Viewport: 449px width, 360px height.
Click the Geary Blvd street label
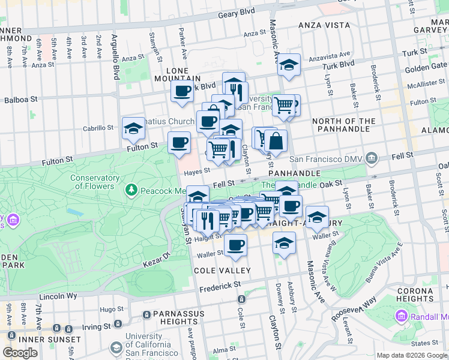pyautogui.click(x=237, y=13)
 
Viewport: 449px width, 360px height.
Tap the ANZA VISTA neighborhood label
pyautogui.click(x=324, y=25)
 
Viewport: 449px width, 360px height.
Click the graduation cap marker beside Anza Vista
pyautogui.click(x=289, y=65)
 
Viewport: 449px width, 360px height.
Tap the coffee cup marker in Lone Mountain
pyautogui.click(x=182, y=92)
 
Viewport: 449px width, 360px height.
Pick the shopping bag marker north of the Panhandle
pyautogui.click(x=276, y=142)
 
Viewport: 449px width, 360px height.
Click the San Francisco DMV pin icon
pyautogui.click(x=372, y=159)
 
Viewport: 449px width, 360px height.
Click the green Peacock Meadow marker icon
pyautogui.click(x=131, y=190)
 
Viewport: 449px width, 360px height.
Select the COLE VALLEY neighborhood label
pyautogui.click(x=221, y=271)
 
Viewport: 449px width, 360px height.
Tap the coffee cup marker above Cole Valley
pyautogui.click(x=235, y=245)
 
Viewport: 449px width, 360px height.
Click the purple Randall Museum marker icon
pyautogui.click(x=401, y=316)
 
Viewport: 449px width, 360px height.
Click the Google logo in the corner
pyautogui.click(x=20, y=353)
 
